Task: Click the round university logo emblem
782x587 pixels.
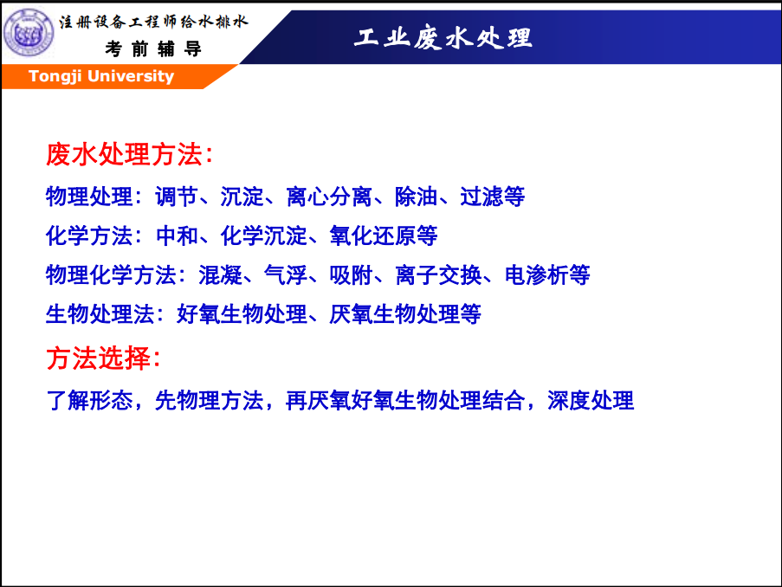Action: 29,33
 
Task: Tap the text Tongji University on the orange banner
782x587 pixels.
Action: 101,76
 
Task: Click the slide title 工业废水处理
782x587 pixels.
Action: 443,38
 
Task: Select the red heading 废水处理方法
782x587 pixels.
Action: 124,154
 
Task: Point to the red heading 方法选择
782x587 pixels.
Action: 98,358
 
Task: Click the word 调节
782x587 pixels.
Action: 177,197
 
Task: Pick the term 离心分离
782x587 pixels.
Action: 329,197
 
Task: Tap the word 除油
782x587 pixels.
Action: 416,197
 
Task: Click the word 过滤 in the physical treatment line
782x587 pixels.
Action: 481,197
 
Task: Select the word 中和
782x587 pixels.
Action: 177,235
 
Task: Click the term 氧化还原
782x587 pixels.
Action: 372,235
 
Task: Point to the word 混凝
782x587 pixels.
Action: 221,274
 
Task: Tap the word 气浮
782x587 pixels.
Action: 286,274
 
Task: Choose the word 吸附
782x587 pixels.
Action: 351,274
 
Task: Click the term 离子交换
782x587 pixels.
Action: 438,274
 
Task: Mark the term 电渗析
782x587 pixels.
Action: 537,274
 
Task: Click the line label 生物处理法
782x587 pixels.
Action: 100,314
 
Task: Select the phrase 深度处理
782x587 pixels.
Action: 591,401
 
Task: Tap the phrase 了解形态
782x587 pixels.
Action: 89,401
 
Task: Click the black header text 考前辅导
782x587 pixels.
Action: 153,48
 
